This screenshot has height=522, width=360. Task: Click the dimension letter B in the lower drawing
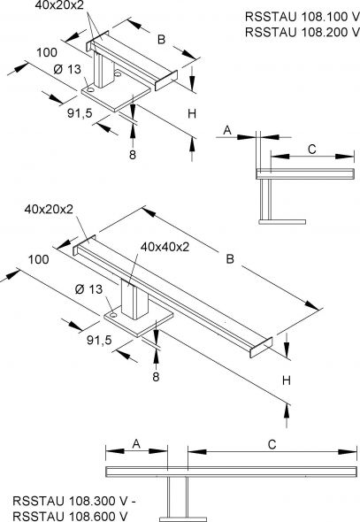click(230, 259)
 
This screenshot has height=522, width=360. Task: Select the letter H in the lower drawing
click(287, 380)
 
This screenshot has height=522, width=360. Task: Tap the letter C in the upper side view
click(311, 148)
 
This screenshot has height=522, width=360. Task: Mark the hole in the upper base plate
click(91, 88)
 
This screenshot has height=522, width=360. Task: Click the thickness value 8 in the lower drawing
click(156, 375)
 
